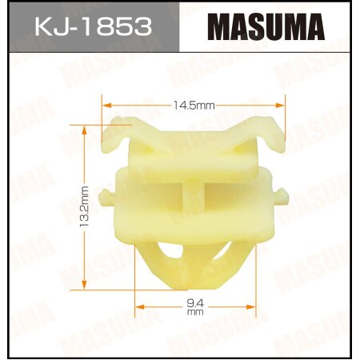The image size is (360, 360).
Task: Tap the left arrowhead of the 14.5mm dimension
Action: point(106,103)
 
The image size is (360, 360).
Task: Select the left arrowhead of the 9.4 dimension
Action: point(138,304)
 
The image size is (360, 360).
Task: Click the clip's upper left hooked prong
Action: point(120,128)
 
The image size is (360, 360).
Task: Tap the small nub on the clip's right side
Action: point(282,194)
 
